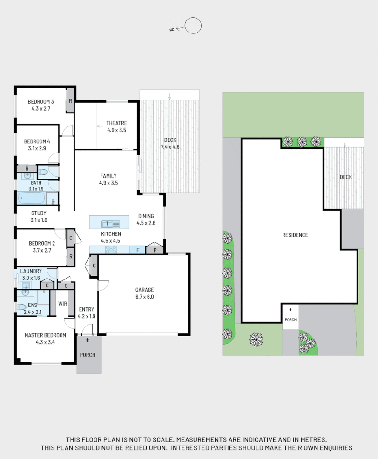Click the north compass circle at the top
pyautogui.click(x=193, y=26)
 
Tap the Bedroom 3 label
pyautogui.click(x=40, y=102)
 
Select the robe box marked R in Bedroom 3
pyautogui.click(x=70, y=101)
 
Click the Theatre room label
pyautogui.click(x=116, y=123)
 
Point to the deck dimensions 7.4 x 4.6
pyautogui.click(x=170, y=147)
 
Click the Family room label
pyautogui.click(x=108, y=176)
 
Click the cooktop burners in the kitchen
pyautogui.click(x=111, y=250)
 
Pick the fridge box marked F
pyautogui.click(x=138, y=250)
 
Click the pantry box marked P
pyautogui.click(x=154, y=250)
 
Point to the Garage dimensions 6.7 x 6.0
pyautogui.click(x=144, y=297)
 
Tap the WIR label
pyautogui.click(x=63, y=304)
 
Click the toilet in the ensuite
pyautogui.click(x=21, y=307)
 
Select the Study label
pyautogui.click(x=39, y=213)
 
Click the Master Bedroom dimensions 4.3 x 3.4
pyautogui.click(x=45, y=342)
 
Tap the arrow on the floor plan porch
pyautogui.click(x=88, y=340)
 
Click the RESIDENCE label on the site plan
pyautogui.click(x=295, y=235)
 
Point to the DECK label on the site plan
pyautogui.click(x=345, y=177)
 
